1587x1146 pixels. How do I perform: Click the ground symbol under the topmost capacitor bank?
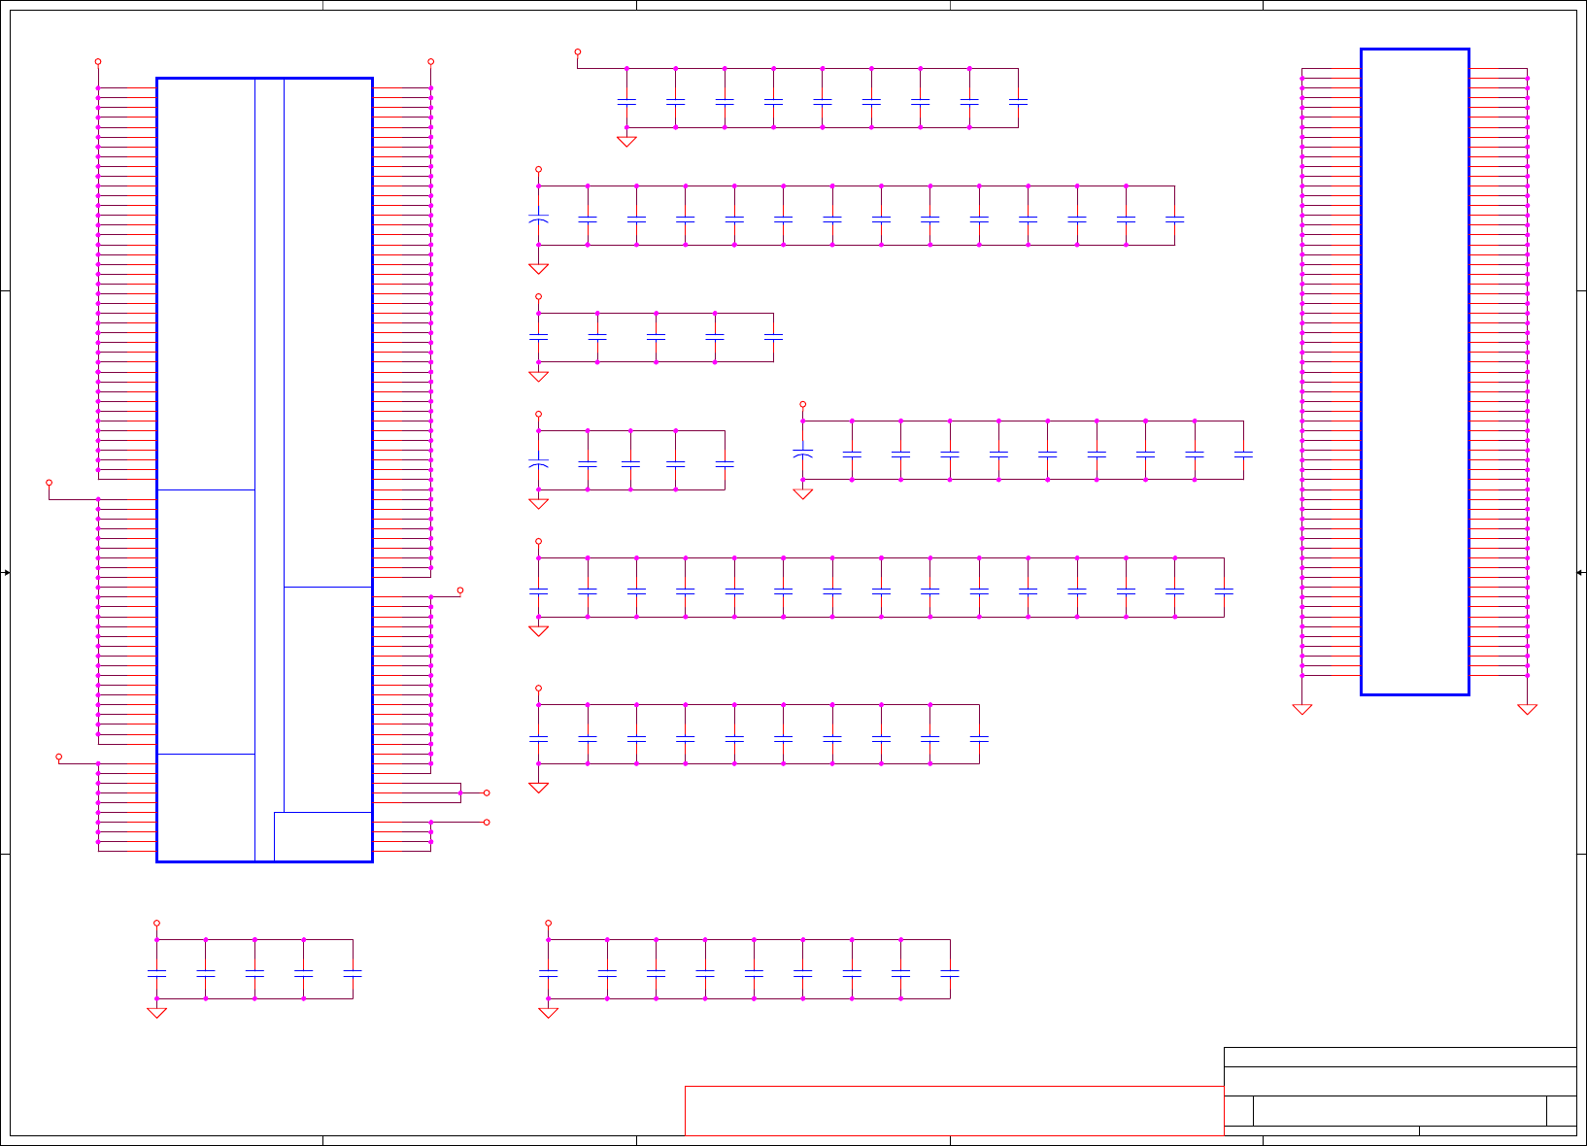(626, 141)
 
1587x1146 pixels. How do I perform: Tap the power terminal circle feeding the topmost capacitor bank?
(578, 51)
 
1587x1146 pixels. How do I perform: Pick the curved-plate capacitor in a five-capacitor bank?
(538, 464)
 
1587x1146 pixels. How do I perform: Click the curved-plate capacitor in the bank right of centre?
(802, 454)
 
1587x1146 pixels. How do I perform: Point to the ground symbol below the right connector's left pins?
(1302, 709)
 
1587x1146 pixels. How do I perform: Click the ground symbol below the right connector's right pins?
(1527, 709)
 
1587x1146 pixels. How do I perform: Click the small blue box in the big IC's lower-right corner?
(322, 836)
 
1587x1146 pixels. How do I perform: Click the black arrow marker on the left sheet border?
(6, 573)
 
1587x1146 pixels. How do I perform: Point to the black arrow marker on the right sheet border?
(1580, 573)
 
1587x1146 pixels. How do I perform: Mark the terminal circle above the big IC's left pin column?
(98, 61)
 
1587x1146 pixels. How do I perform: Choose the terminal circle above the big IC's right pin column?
(431, 61)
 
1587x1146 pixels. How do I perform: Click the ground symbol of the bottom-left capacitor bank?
(156, 1012)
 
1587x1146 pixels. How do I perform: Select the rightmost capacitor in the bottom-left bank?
(353, 971)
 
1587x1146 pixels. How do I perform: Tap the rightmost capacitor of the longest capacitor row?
(1224, 590)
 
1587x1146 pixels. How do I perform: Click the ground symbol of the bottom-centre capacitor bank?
(548, 1012)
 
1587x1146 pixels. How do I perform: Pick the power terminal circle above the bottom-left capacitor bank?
(156, 923)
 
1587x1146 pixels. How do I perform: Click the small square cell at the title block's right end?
(1561, 1110)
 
